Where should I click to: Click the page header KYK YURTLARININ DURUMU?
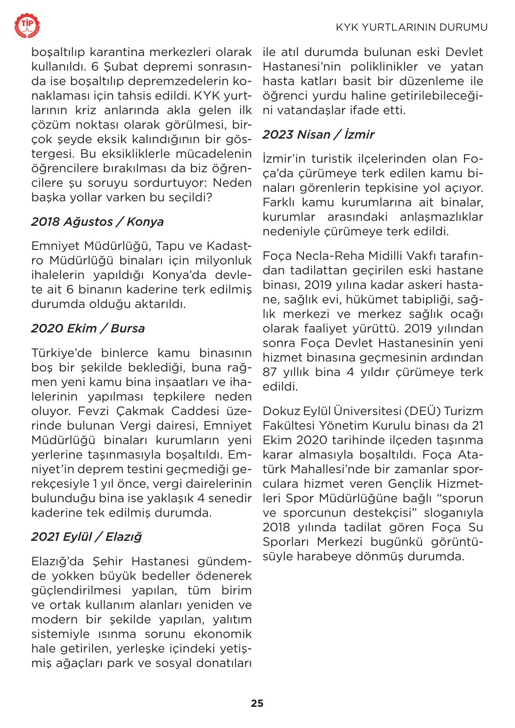[412, 27]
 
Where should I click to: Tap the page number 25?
[257, 703]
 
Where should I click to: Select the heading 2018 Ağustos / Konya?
[98, 222]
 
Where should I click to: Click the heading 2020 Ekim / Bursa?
[88, 328]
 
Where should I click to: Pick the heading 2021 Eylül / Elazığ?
[86, 537]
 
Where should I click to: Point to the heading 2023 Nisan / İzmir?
[318, 134]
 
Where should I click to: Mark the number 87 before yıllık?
[269, 372]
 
